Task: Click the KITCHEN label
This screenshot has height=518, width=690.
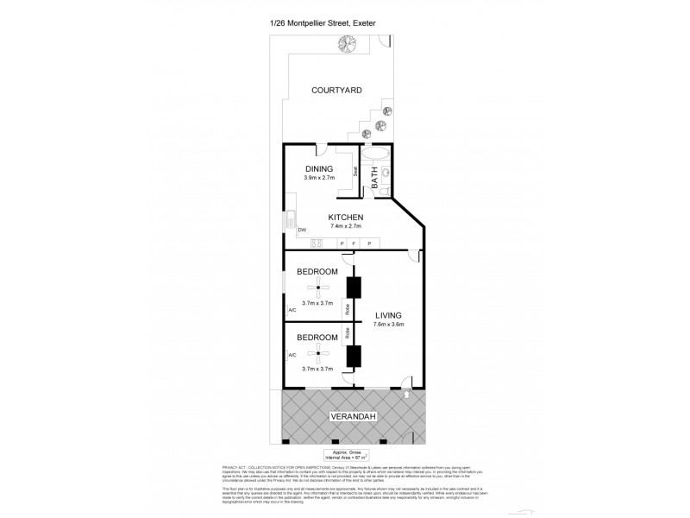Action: pyautogui.click(x=345, y=217)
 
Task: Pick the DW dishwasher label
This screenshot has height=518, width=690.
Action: pyautogui.click(x=302, y=230)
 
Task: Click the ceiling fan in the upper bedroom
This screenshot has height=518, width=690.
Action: pyautogui.click(x=318, y=287)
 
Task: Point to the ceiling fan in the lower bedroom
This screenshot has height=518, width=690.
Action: pyautogui.click(x=318, y=353)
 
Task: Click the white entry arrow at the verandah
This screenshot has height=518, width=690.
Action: pyautogui.click(x=406, y=394)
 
